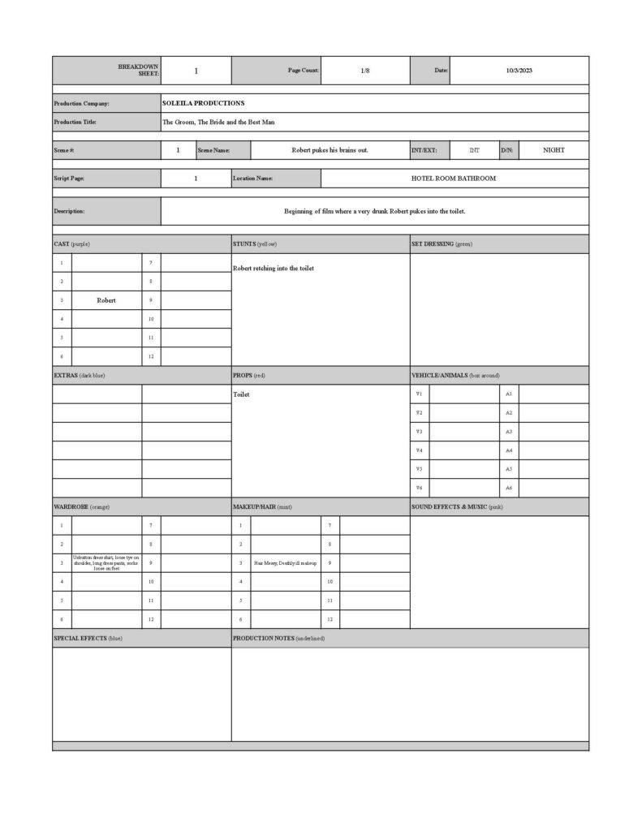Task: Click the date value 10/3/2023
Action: click(x=519, y=71)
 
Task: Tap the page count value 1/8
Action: click(x=365, y=71)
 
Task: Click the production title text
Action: click(x=218, y=122)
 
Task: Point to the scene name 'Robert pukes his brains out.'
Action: click(x=330, y=150)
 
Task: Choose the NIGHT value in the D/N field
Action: click(x=554, y=150)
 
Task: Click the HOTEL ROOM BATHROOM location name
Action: click(x=454, y=178)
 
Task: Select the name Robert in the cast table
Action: click(x=106, y=300)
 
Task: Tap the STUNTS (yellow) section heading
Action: click(x=255, y=243)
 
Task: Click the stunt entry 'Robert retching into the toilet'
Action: click(x=273, y=269)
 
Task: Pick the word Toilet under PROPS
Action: click(x=241, y=394)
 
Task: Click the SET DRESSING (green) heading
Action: click(x=442, y=243)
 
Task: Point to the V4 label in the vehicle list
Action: click(x=419, y=450)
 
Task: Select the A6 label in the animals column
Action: click(x=509, y=488)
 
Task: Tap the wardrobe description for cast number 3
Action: click(x=106, y=562)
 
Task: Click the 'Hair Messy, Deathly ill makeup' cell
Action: click(x=285, y=562)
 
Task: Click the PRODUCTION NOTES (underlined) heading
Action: click(x=278, y=638)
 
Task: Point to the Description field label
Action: click(x=69, y=211)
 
